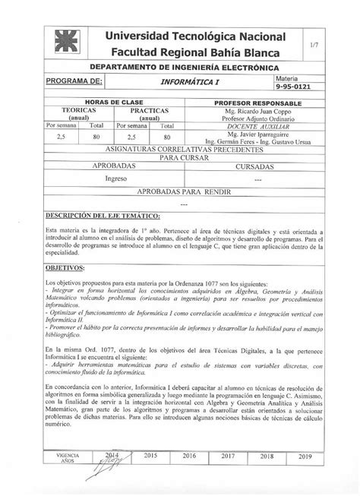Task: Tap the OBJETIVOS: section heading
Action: point(66,268)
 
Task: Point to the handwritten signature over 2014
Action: point(107,460)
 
